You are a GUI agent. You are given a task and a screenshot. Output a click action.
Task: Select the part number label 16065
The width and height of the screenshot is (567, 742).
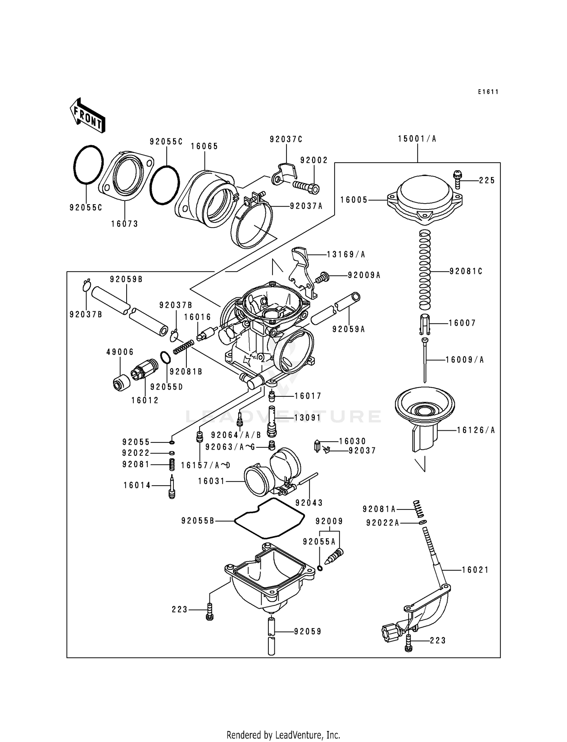[x=204, y=146]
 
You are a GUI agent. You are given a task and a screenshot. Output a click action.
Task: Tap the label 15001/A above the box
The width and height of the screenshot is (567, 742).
[x=417, y=139]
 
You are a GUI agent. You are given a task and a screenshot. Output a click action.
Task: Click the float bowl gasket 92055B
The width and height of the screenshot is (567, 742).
[x=269, y=518]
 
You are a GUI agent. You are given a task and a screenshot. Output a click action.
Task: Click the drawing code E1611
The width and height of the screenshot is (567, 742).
[x=488, y=92]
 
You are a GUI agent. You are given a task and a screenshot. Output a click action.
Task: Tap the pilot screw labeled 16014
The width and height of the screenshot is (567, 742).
[x=172, y=487]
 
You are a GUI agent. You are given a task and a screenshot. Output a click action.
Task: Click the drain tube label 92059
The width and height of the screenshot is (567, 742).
[x=307, y=631]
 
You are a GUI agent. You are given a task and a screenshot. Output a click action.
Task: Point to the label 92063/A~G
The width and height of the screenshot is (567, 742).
[x=229, y=447]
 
